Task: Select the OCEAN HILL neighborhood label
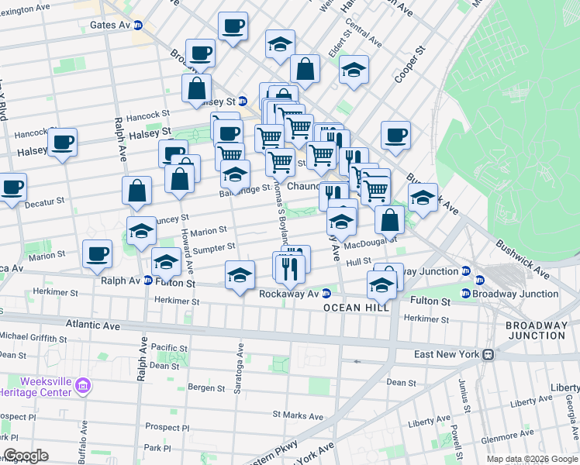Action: [356, 308]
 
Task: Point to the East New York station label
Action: [445, 354]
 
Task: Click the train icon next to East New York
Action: [488, 354]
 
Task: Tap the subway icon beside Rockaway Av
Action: [326, 294]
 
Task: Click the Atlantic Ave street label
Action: [92, 324]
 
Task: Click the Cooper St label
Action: [422, 60]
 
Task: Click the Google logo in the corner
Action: [26, 456]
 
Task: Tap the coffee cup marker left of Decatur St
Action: [12, 188]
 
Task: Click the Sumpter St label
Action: [215, 247]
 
